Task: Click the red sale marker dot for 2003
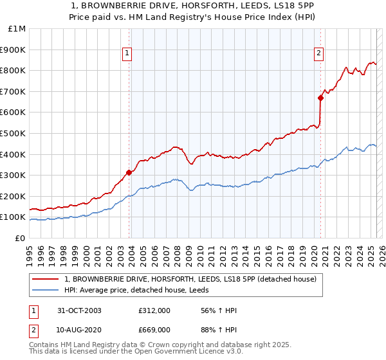129,172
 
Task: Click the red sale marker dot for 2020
320,98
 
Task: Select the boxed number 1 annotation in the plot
127,54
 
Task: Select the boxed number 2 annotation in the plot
318,54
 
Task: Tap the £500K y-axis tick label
13,133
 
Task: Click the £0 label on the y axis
20,238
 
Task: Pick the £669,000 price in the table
154,329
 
